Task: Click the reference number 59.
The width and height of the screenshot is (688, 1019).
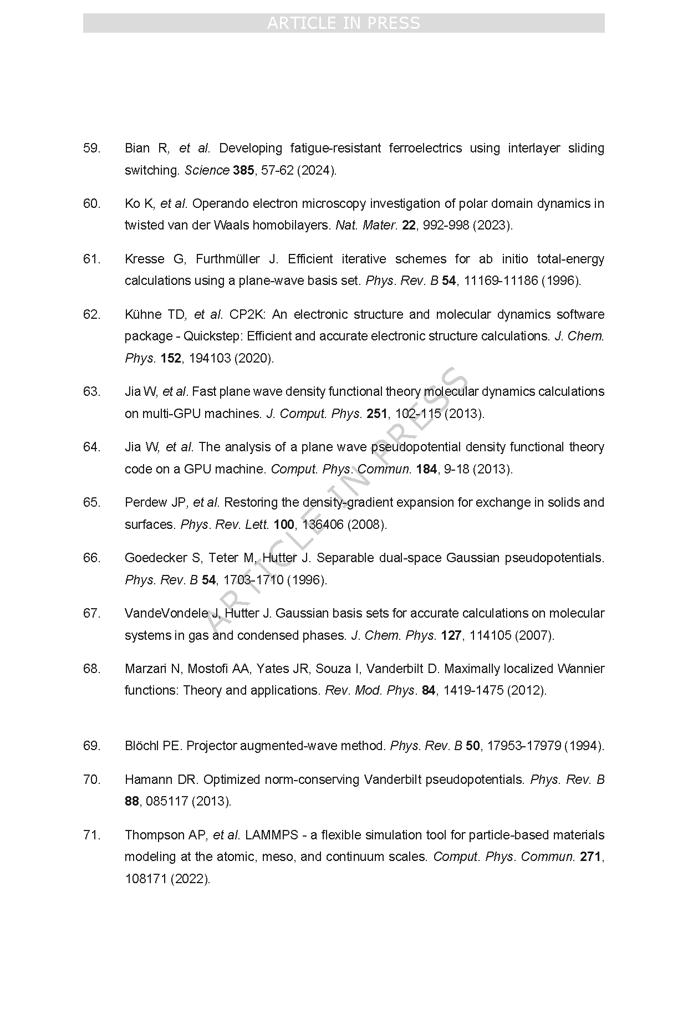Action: coord(91,148)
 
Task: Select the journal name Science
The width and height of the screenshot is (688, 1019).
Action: coord(207,170)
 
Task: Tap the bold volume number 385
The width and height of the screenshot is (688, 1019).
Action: coord(243,170)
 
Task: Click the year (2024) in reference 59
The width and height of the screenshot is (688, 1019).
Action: coord(317,170)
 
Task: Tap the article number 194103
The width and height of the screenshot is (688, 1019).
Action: coord(210,358)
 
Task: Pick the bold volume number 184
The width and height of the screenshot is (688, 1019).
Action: coord(426,469)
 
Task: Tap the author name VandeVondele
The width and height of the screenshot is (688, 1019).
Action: coord(165,613)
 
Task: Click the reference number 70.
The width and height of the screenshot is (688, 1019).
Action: coord(91,779)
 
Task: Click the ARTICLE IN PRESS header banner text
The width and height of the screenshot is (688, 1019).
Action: coord(344,23)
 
